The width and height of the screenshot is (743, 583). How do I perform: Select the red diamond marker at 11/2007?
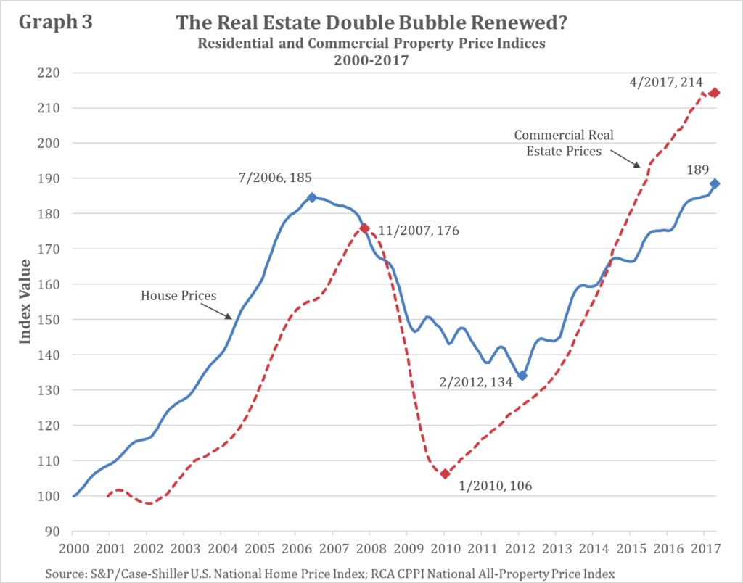(365, 228)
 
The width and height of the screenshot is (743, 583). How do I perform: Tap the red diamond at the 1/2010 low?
(445, 474)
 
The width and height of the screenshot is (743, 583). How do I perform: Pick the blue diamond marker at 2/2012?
(522, 375)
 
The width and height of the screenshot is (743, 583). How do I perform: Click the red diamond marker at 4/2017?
(714, 93)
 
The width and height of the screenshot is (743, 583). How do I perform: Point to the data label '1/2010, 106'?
(496, 485)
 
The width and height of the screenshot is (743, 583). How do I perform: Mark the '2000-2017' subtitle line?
(371, 62)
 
